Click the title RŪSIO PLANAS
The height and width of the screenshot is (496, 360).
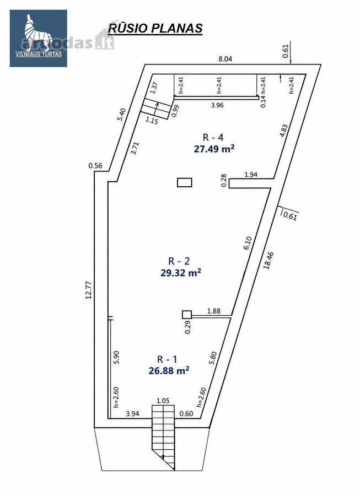tap(155, 28)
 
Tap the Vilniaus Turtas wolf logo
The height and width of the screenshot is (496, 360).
tap(38, 38)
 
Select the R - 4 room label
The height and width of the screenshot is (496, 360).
tap(213, 138)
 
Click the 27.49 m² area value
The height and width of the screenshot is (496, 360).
tap(214, 149)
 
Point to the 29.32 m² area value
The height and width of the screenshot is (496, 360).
tap(181, 272)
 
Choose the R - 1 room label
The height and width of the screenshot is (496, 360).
tap(168, 359)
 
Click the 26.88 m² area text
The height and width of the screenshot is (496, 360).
tap(169, 370)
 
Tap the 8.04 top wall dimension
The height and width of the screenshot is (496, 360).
tap(225, 59)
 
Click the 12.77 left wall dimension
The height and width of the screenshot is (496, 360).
tap(88, 290)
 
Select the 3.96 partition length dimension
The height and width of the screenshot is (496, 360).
tap(217, 105)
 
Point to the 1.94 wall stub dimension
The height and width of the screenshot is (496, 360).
tap(251, 174)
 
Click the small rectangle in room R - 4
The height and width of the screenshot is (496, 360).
tap(185, 182)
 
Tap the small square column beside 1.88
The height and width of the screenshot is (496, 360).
tap(187, 315)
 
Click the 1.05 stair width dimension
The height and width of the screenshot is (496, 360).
tap(163, 401)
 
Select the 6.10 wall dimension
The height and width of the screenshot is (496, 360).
tap(248, 244)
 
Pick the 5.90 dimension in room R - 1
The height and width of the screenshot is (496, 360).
tap(116, 358)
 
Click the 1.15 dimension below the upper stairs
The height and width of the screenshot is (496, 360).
tap(152, 121)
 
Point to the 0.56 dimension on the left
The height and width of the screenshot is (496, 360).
tap(95, 165)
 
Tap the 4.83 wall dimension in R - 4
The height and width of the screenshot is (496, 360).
tap(284, 131)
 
